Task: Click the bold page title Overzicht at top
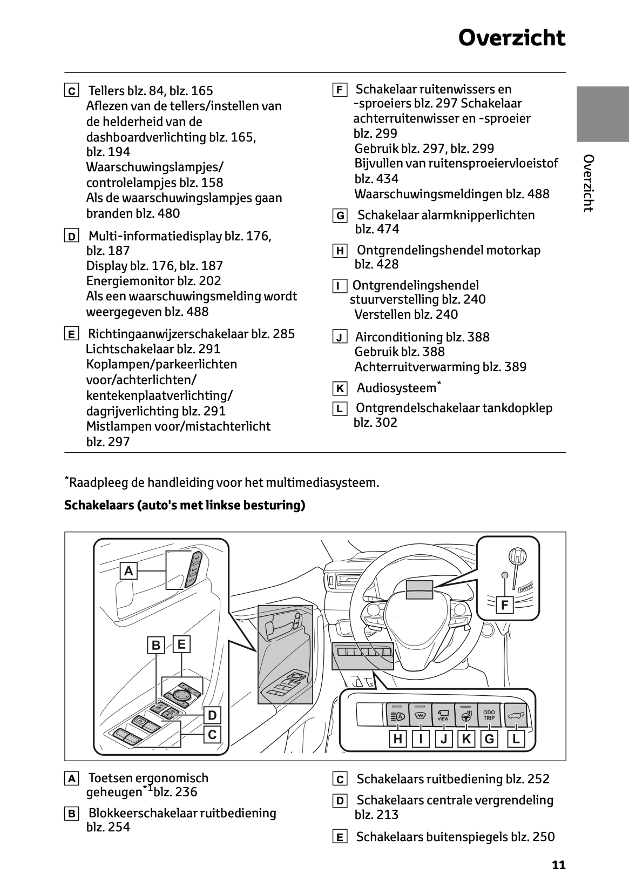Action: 511,38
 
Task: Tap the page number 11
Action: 559,865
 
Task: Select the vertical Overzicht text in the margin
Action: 589,183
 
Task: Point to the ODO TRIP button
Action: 489,715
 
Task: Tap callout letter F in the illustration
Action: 505,605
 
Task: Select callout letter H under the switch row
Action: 397,739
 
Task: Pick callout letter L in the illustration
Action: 516,739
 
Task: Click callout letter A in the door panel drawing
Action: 128,570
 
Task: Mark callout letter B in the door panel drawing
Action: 156,645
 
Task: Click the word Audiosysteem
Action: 396,388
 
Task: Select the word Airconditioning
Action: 391,337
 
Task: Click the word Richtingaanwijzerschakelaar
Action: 168,334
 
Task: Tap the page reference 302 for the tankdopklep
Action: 385,422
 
